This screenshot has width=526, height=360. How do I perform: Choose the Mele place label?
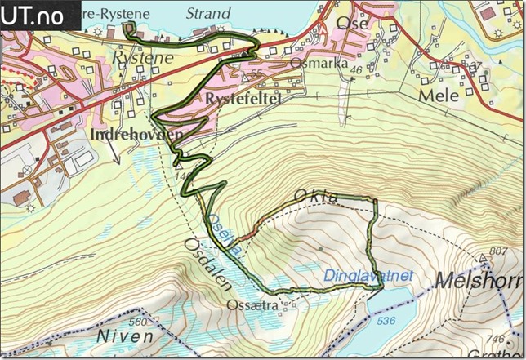[x=435, y=94]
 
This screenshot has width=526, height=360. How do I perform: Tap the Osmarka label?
[x=314, y=64]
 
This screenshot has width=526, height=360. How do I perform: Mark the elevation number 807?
[x=498, y=250]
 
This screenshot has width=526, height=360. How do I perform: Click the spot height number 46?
[x=354, y=71]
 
